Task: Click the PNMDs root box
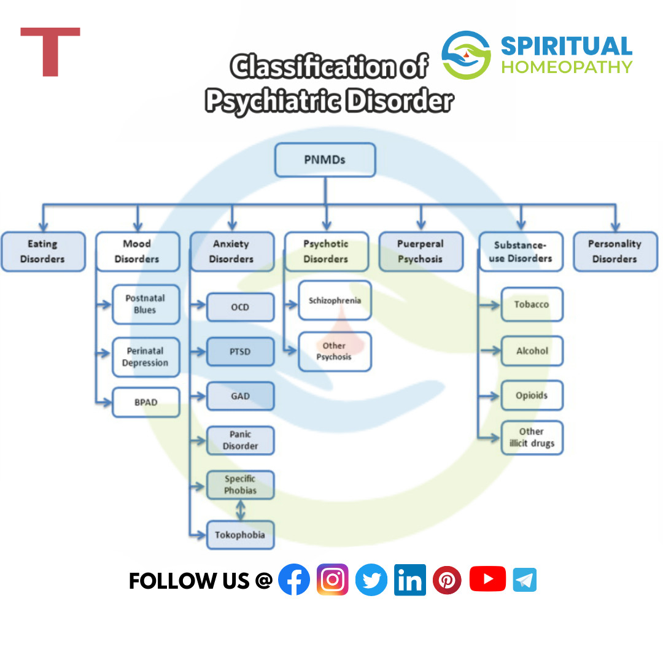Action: pyautogui.click(x=325, y=160)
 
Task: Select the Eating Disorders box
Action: pyautogui.click(x=42, y=252)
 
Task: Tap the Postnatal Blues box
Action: pyautogui.click(x=145, y=304)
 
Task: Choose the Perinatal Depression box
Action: pyautogui.click(x=145, y=357)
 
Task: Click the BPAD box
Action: pyautogui.click(x=145, y=403)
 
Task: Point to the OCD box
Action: pyautogui.click(x=240, y=308)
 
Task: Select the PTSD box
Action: pyautogui.click(x=240, y=352)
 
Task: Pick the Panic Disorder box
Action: pyautogui.click(x=240, y=440)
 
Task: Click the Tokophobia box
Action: pyautogui.click(x=240, y=535)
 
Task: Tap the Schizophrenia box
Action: pyautogui.click(x=335, y=301)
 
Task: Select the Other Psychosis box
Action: pyautogui.click(x=335, y=352)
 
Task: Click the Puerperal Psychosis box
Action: pyautogui.click(x=421, y=252)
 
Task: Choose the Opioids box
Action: pyautogui.click(x=532, y=395)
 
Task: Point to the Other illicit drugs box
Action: pyautogui.click(x=532, y=438)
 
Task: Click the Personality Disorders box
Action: pyautogui.click(x=615, y=252)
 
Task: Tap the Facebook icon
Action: pyautogui.click(x=294, y=580)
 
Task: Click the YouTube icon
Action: pyautogui.click(x=487, y=580)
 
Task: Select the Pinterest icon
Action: pyautogui.click(x=447, y=580)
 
